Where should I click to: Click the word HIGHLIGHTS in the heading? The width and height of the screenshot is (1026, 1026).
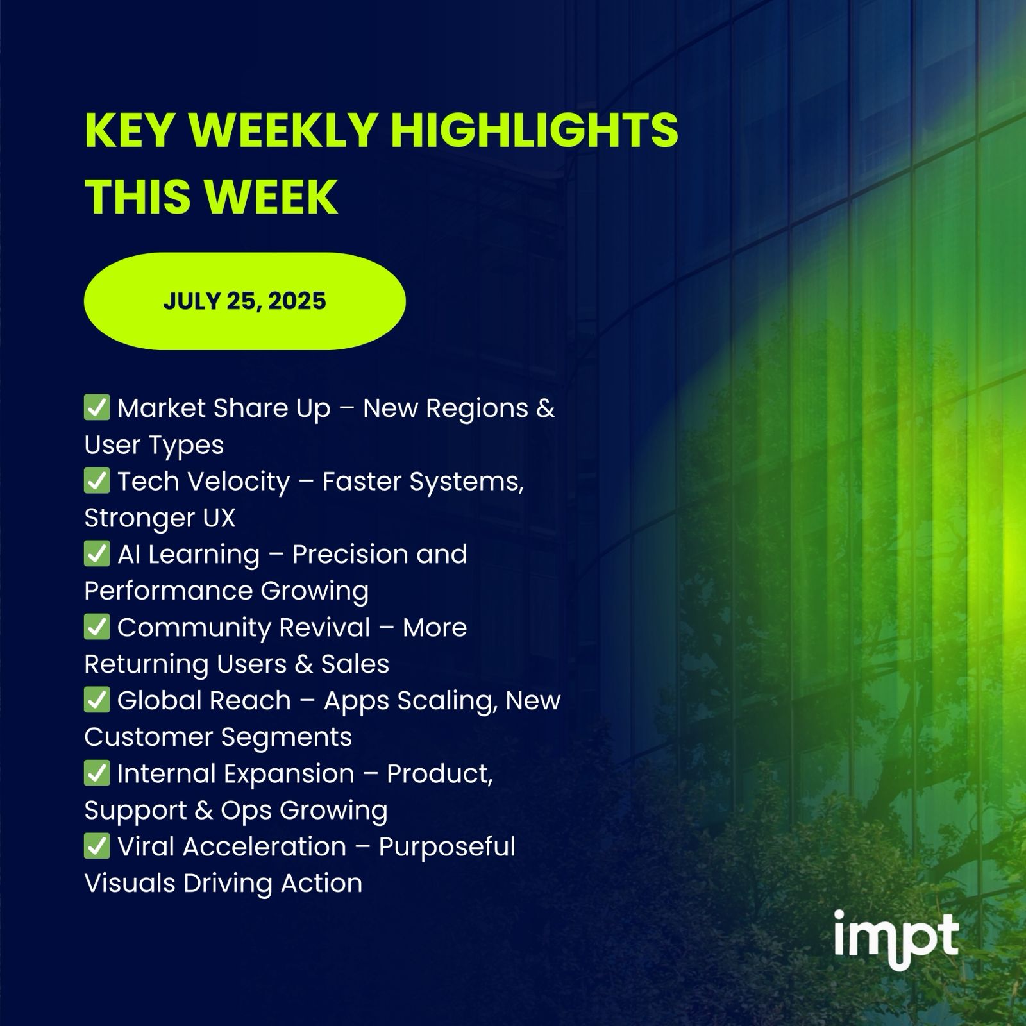[x=534, y=130]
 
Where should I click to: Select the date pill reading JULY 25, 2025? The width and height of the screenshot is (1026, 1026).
[x=244, y=301]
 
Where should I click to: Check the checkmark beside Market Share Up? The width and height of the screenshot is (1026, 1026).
[x=97, y=407]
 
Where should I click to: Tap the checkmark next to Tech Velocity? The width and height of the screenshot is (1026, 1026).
[x=97, y=480]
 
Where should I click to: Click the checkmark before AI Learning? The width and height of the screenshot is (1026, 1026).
[x=97, y=553]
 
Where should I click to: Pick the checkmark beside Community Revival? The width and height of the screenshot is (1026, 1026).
[x=97, y=627]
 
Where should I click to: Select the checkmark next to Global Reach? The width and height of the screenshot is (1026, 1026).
[x=97, y=700]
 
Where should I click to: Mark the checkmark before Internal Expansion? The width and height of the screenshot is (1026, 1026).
[x=97, y=773]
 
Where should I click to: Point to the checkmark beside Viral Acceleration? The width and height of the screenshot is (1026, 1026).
[x=97, y=846]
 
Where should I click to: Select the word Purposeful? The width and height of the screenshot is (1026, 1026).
[x=447, y=847]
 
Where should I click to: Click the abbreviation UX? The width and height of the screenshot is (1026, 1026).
[x=219, y=518]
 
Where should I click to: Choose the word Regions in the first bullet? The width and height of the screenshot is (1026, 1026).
[x=477, y=409]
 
